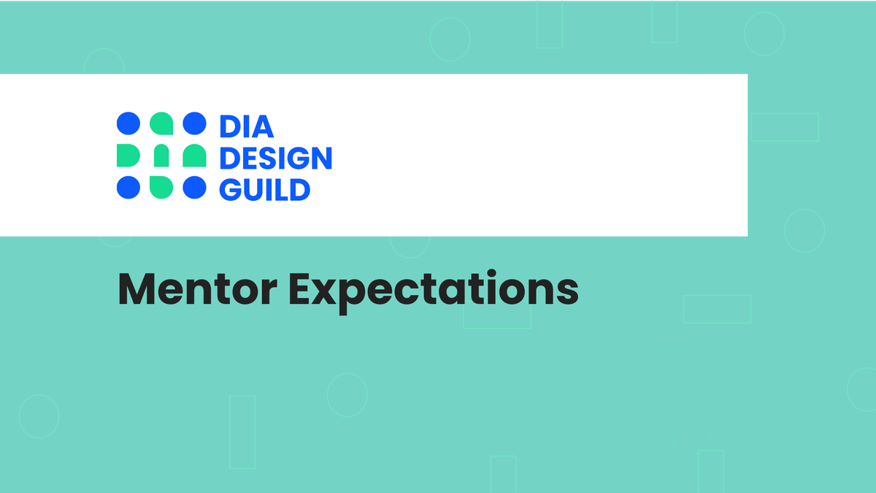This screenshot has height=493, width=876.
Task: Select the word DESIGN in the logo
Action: tap(276, 158)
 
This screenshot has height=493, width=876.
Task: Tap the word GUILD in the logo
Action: tap(265, 189)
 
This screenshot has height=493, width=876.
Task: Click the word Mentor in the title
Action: tap(197, 289)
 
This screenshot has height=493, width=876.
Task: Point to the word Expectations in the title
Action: tap(434, 291)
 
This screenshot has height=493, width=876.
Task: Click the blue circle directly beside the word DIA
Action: tap(194, 123)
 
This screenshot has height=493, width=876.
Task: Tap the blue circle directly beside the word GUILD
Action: tap(194, 188)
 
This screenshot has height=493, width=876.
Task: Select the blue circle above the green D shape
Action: tap(128, 123)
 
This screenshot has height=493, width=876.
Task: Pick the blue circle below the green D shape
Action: tap(128, 188)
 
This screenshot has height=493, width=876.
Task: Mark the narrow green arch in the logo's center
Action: tap(161, 156)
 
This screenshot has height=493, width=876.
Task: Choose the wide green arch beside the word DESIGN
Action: tap(193, 156)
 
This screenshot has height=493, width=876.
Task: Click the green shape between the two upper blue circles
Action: tap(161, 124)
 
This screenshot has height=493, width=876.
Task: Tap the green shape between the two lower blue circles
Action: tap(161, 187)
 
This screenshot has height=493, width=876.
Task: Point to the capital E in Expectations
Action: tap(301, 289)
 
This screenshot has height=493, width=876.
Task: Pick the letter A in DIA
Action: tap(263, 126)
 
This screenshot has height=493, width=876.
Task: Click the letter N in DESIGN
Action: tap(320, 158)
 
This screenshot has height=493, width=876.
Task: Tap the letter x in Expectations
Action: tap(330, 292)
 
